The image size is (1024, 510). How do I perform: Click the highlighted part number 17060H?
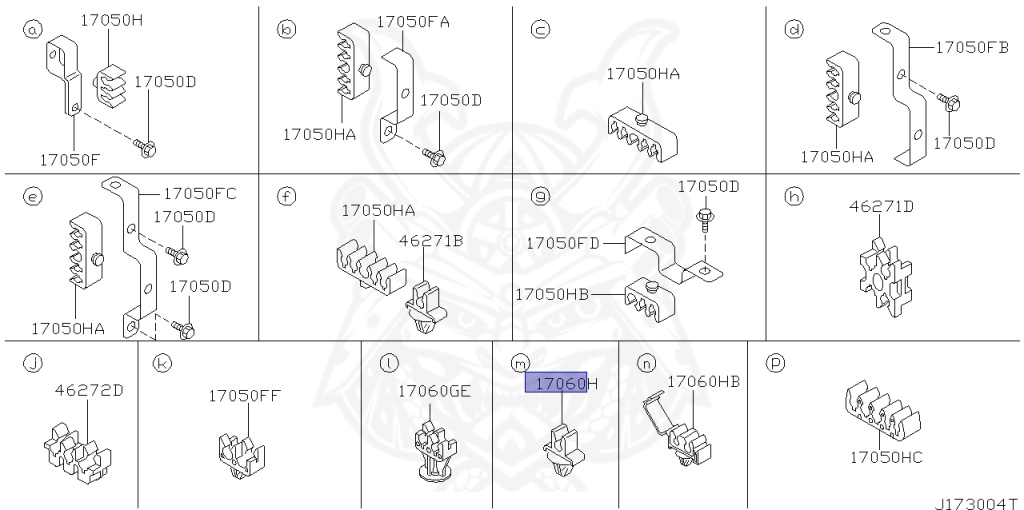point(561,383)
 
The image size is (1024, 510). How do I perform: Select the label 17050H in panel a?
point(112,19)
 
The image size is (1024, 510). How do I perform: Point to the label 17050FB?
point(973,46)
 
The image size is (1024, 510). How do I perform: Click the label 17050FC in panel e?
point(200,192)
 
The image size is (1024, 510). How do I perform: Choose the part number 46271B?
point(431,240)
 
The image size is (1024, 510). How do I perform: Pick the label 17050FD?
point(563,242)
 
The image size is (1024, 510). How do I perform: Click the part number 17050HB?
point(552,294)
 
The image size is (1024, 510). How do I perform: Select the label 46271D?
point(881,207)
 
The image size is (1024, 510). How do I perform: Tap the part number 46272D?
point(89,390)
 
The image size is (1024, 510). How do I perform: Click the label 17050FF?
point(244,395)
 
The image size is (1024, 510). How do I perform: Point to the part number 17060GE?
point(434,391)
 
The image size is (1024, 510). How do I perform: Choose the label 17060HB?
point(703,381)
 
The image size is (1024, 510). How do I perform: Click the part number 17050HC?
point(886,457)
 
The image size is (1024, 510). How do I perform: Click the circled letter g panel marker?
point(541,196)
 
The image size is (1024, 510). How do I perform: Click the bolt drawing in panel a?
point(145,149)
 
